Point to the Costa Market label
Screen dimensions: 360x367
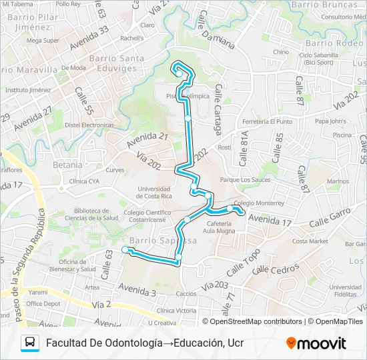pyautogui.click(x=310, y=241)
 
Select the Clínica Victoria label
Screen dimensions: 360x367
pyautogui.click(x=175, y=311)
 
